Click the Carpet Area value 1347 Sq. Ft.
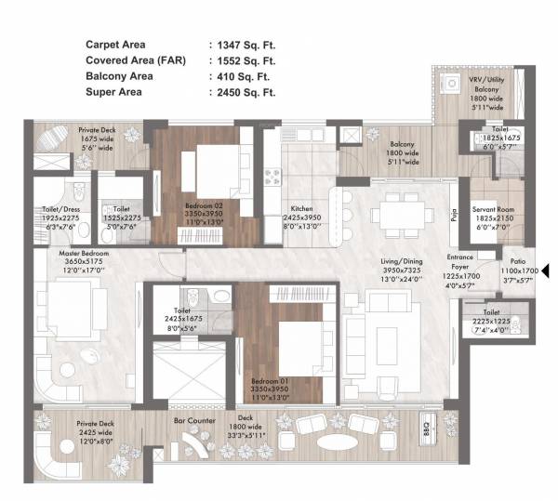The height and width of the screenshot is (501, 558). click(246, 44)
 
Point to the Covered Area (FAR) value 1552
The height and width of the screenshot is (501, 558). click(246, 60)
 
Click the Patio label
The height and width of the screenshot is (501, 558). click(516, 260)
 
